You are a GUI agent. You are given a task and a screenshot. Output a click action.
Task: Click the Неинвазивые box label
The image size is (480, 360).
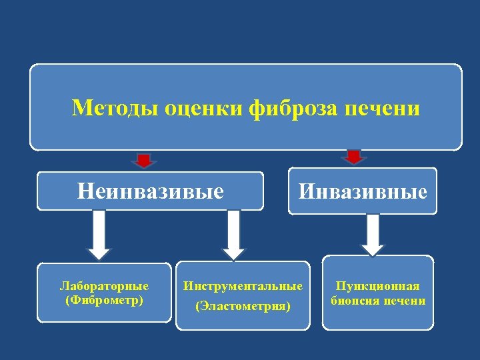click(151, 192)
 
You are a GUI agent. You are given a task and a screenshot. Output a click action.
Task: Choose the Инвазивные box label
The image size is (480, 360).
click(363, 192)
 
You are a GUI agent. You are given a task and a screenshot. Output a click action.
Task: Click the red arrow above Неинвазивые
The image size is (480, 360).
click(143, 160)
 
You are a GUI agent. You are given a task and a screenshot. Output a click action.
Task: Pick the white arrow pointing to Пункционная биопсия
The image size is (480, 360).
click(373, 233)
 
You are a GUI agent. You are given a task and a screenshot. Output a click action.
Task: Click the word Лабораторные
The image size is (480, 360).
click(104, 287)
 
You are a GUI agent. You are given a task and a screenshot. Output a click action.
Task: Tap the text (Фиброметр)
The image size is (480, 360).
click(104, 300)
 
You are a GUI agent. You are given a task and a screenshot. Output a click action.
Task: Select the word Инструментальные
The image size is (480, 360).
click(243, 286)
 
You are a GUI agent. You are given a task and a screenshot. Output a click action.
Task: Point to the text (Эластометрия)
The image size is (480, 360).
click(243, 307)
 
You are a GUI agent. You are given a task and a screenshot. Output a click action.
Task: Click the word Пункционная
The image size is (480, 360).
click(377, 287)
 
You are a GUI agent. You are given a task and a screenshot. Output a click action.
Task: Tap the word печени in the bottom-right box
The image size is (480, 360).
click(404, 301)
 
